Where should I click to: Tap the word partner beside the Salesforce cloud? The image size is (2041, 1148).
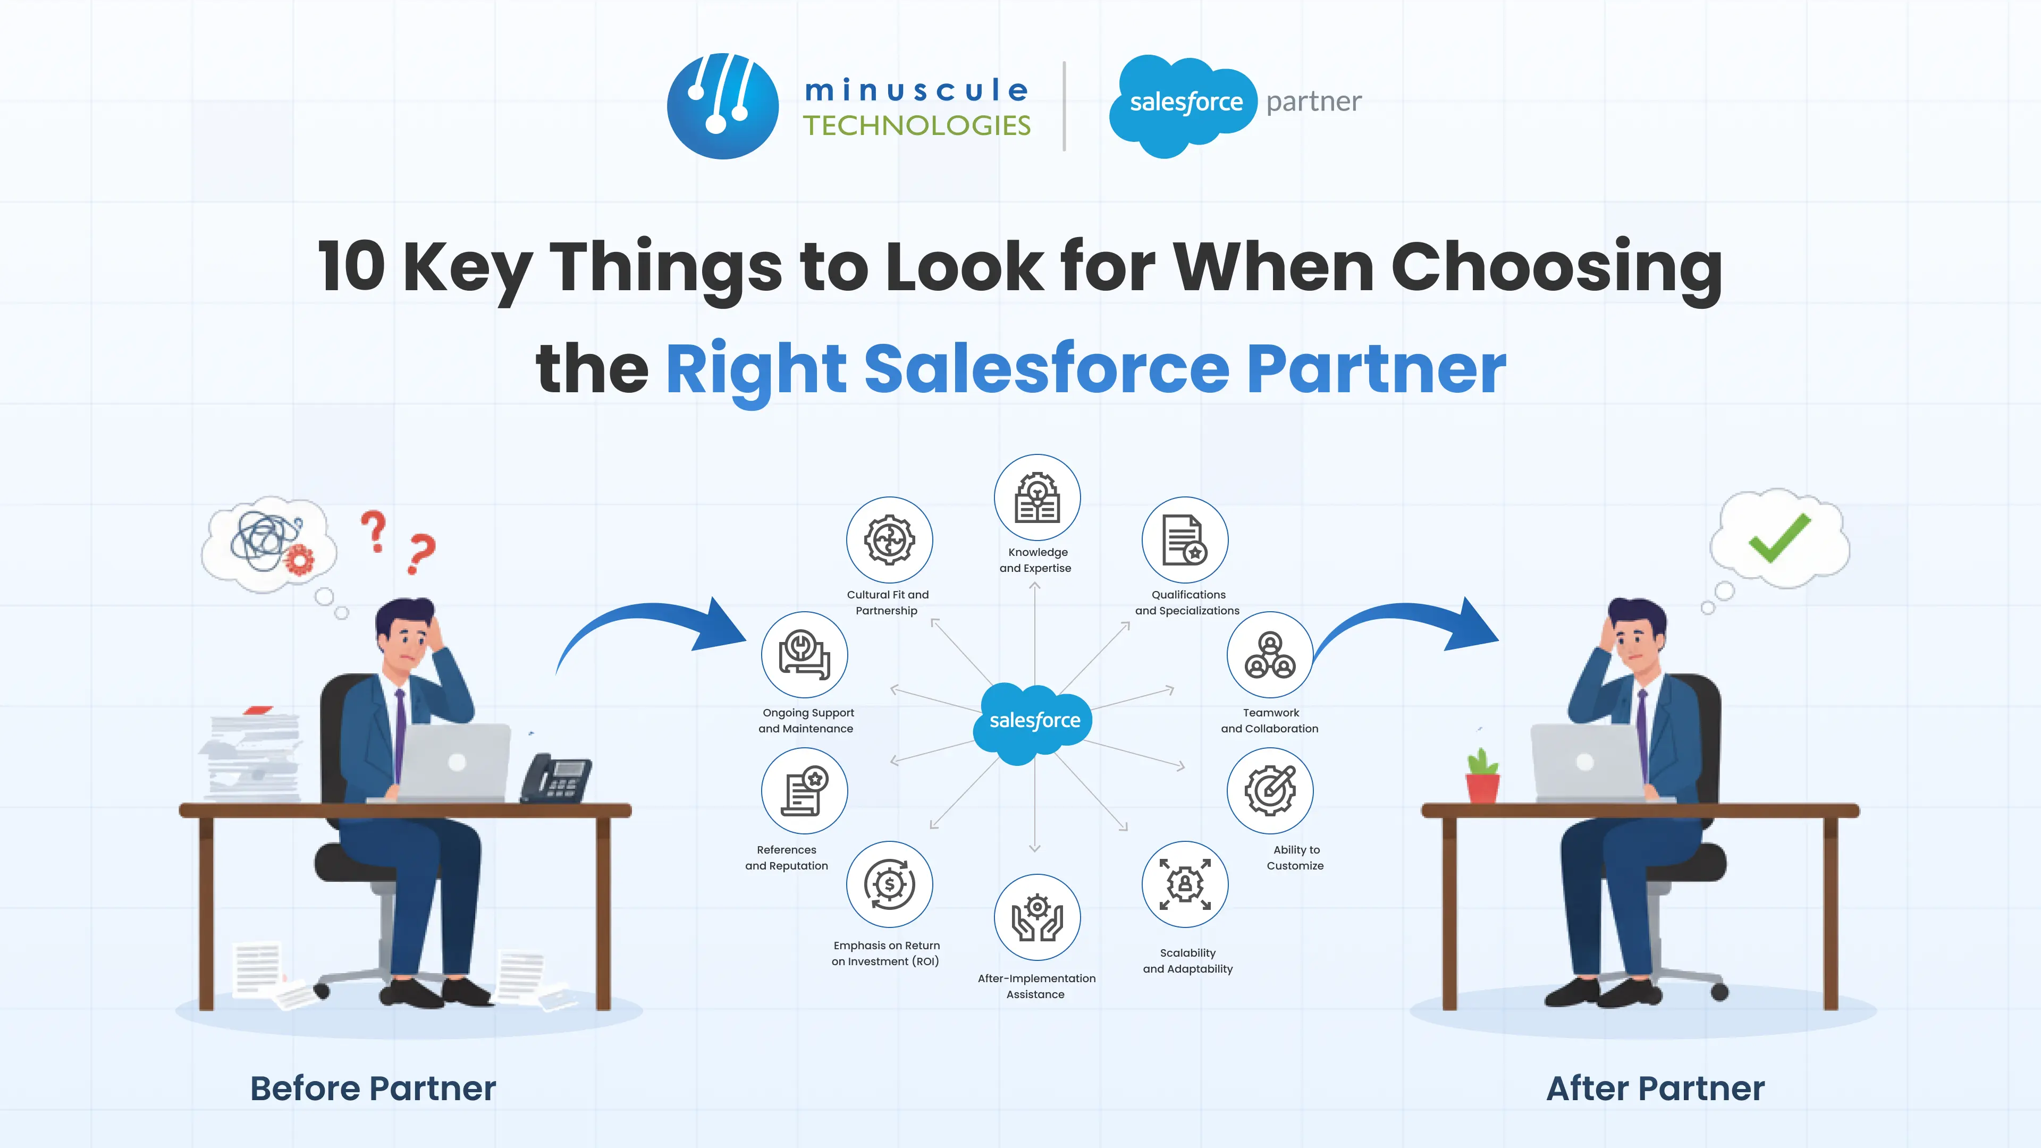(1314, 102)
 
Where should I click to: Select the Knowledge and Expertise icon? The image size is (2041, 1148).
(1036, 497)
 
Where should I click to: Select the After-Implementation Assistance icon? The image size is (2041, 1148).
(1036, 917)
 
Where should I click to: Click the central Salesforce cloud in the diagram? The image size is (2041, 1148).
(1034, 721)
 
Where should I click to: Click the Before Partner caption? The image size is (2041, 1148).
(373, 1088)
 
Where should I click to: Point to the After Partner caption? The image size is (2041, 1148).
(1655, 1088)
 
